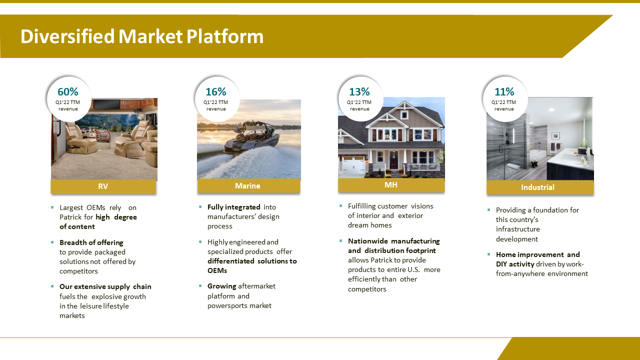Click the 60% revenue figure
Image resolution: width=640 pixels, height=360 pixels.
click(x=67, y=92)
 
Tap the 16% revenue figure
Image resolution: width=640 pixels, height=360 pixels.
click(x=215, y=92)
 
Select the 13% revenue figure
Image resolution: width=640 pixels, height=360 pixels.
click(x=359, y=92)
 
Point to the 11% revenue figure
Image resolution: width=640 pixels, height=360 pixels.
click(x=504, y=92)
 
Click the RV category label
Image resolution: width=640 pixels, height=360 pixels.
click(x=103, y=186)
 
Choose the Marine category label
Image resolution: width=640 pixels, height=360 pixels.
click(x=247, y=186)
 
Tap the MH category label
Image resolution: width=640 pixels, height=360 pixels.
click(x=391, y=185)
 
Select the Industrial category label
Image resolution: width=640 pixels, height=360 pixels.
click(x=537, y=187)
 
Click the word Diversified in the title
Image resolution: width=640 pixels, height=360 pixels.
click(x=67, y=36)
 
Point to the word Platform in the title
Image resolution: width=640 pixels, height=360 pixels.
click(x=225, y=36)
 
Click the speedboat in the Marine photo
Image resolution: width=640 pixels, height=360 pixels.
click(x=251, y=136)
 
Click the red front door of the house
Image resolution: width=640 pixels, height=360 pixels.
click(x=393, y=160)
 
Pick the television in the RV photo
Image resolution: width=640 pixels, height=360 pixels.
click(x=107, y=104)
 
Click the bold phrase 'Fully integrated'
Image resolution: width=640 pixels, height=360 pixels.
click(x=233, y=207)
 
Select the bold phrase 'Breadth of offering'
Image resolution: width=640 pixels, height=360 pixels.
click(x=91, y=242)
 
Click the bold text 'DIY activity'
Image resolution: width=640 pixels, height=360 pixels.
click(x=515, y=264)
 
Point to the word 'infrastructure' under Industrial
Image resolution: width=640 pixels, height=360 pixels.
click(x=517, y=229)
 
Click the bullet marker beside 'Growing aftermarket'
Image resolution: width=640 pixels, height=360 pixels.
click(x=200, y=285)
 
